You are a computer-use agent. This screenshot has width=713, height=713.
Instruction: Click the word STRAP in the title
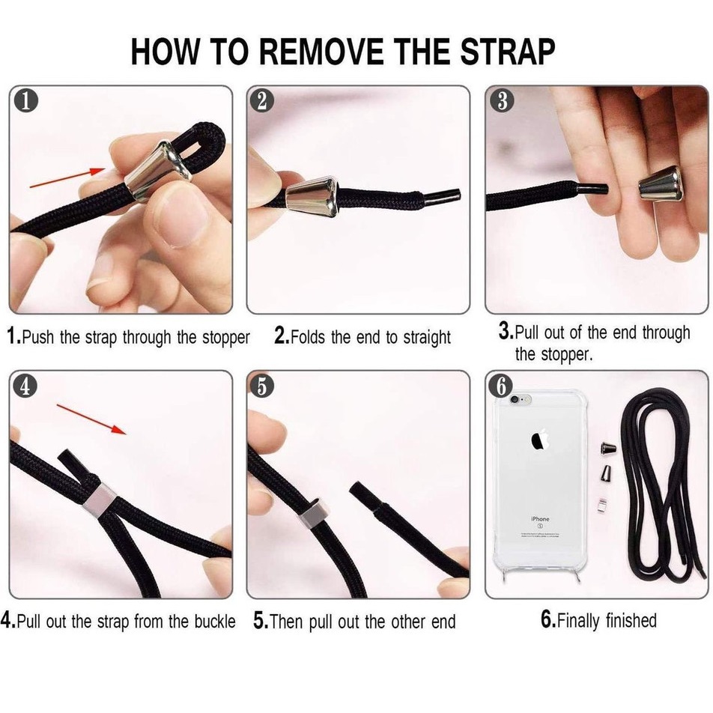(x=508, y=52)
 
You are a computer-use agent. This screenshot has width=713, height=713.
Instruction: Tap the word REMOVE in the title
(x=321, y=52)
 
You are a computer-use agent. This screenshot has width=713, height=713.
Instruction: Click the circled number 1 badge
(x=25, y=101)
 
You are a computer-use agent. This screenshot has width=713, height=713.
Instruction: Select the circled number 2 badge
(x=262, y=101)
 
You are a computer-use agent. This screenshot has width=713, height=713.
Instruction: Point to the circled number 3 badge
(x=502, y=101)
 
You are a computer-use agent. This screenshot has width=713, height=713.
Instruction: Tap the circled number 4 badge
(x=25, y=386)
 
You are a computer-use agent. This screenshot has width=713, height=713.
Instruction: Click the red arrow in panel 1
(x=67, y=178)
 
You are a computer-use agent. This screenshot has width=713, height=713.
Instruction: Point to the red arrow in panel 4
(x=91, y=419)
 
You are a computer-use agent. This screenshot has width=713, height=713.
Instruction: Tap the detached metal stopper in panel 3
(x=661, y=183)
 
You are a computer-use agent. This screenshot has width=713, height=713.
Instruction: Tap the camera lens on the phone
(x=515, y=400)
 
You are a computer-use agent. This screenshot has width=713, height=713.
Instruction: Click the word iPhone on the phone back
(x=540, y=519)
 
